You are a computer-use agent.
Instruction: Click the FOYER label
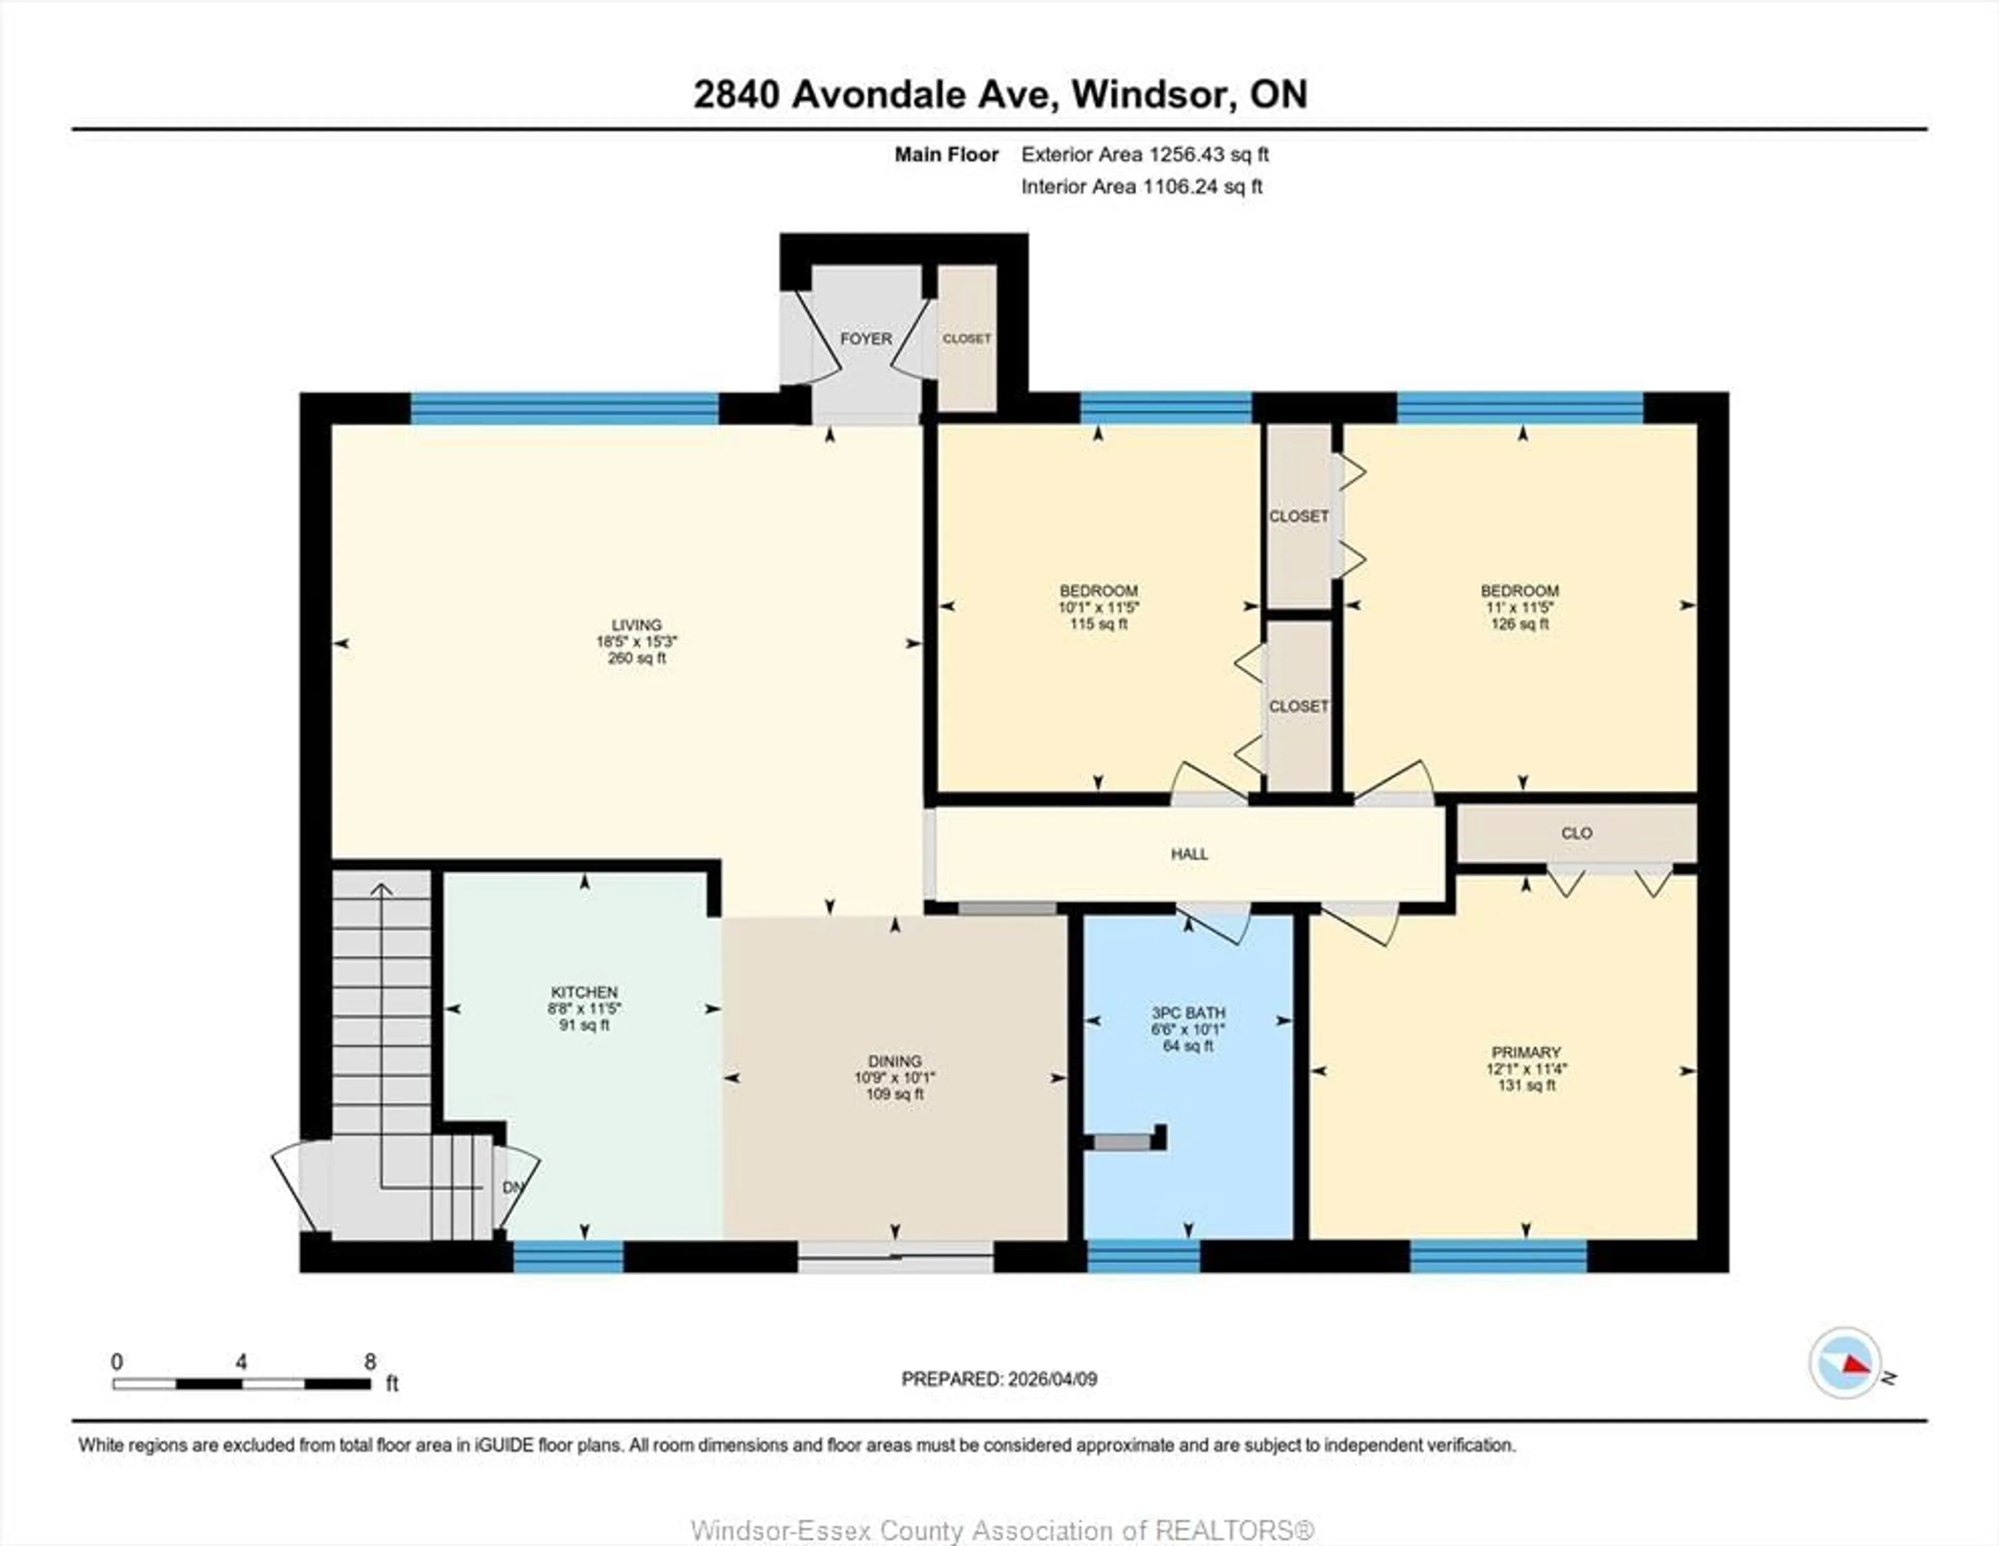865,339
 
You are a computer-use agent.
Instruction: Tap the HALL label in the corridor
1189,854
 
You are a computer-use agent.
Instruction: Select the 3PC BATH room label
1188,1013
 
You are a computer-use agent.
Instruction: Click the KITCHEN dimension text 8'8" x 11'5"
584,1009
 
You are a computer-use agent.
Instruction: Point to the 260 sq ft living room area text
637,658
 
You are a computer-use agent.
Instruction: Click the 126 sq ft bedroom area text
1520,624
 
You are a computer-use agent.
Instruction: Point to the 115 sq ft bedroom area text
1098,624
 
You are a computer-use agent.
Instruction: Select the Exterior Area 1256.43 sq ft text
1144,155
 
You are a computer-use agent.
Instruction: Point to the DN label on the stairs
513,1187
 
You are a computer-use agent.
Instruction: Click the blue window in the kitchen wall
567,1257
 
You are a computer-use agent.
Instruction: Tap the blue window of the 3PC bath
1143,1257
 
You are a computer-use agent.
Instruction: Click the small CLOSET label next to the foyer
967,339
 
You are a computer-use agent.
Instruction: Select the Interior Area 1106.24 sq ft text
1142,187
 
